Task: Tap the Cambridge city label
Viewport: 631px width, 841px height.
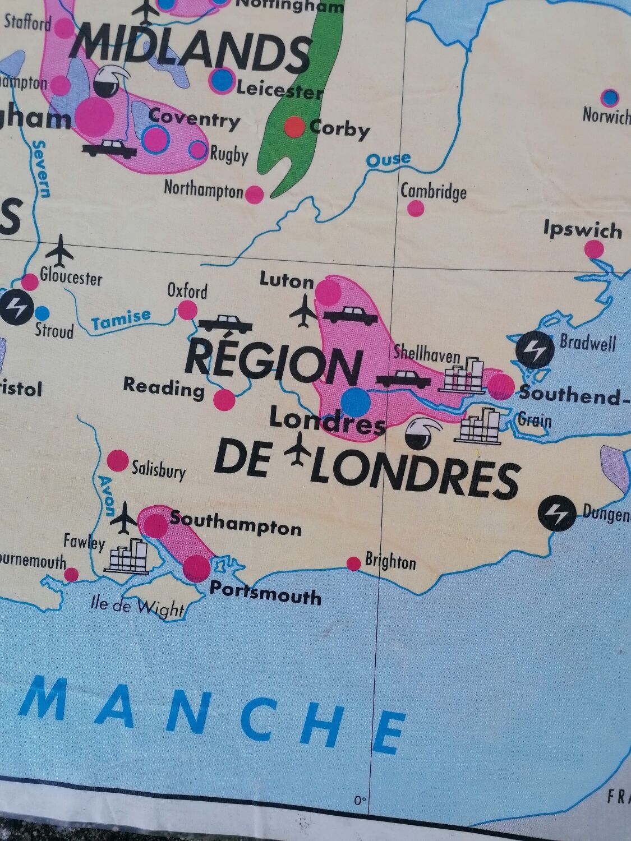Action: click(433, 192)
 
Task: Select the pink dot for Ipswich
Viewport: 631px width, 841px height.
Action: click(594, 249)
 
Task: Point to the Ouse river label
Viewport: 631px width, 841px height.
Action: click(388, 160)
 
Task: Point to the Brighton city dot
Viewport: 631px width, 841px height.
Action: click(354, 563)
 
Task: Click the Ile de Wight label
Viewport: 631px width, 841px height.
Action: click(137, 606)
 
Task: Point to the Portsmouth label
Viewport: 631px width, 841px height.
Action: click(265, 593)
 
